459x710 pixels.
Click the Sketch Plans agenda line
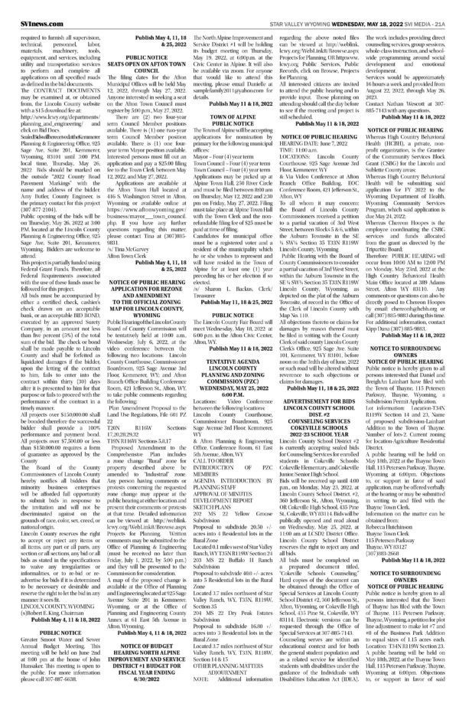click(x=227, y=484)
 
